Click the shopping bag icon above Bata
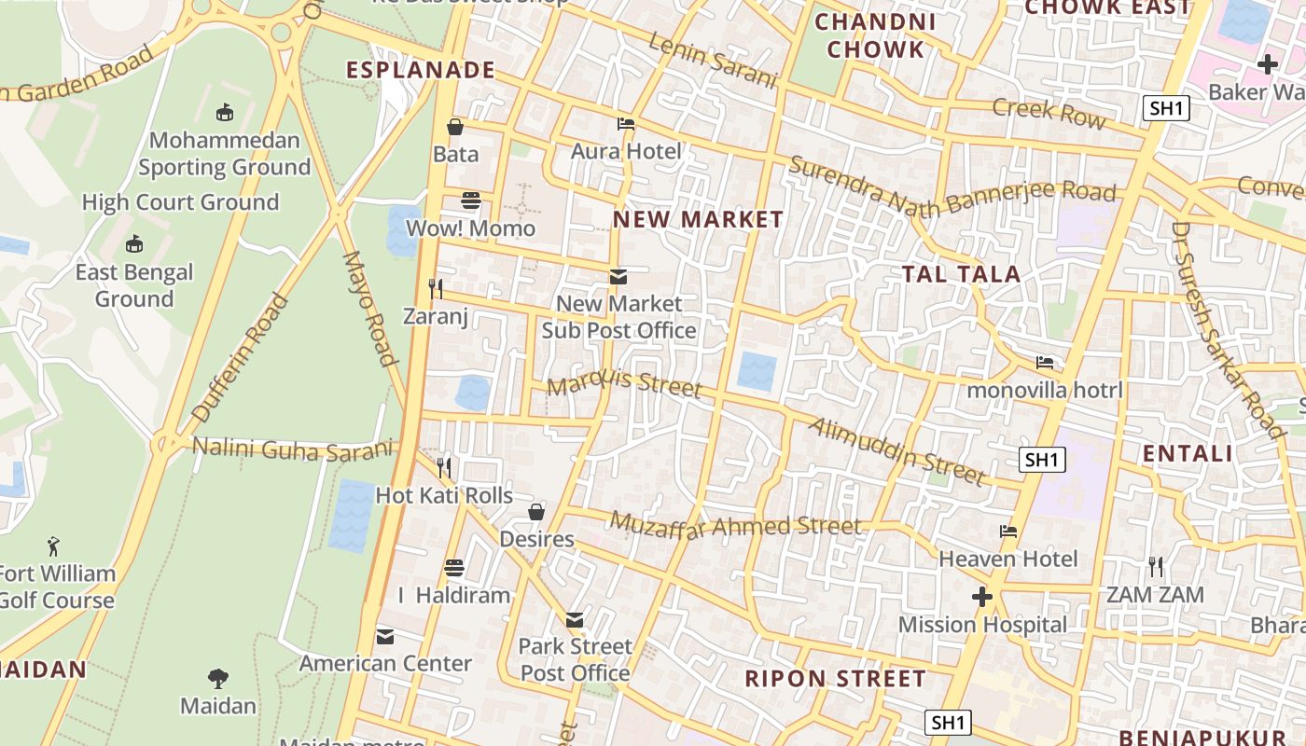tap(455, 127)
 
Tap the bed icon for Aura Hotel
tap(626, 123)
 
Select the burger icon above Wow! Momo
tap(471, 200)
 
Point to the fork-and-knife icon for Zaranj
tap(435, 288)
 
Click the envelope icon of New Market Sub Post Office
tap(618, 276)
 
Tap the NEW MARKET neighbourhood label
tap(698, 220)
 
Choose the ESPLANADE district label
tap(421, 70)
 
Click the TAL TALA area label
tap(961, 274)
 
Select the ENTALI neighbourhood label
tap(1188, 454)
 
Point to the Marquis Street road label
tap(623, 382)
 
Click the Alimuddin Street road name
tap(896, 452)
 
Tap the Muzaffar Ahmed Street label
tap(736, 526)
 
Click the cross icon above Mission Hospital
tap(981, 597)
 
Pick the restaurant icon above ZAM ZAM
tap(1155, 566)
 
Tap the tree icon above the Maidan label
tap(218, 678)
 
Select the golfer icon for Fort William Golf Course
tap(54, 546)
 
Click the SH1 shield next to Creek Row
tap(1166, 108)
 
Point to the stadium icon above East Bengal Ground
tap(134, 244)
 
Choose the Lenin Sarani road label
tap(712, 62)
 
